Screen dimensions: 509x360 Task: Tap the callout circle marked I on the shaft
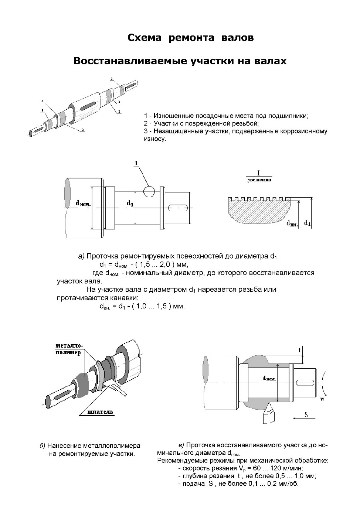(149, 191)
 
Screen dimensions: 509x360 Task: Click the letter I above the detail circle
(136, 163)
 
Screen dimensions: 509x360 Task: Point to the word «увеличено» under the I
(259, 180)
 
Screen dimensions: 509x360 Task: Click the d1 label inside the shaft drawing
(130, 203)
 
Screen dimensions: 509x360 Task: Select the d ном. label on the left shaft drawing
(83, 203)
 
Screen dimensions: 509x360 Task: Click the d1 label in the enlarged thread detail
(307, 223)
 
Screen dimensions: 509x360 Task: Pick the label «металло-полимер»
(69, 349)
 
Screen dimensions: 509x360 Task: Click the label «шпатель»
(100, 412)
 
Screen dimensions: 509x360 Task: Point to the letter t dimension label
(300, 349)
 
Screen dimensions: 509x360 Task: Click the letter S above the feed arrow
(306, 415)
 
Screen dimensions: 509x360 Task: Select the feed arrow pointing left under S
(303, 419)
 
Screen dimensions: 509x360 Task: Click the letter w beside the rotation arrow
(322, 399)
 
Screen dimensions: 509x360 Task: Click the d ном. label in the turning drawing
(269, 378)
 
